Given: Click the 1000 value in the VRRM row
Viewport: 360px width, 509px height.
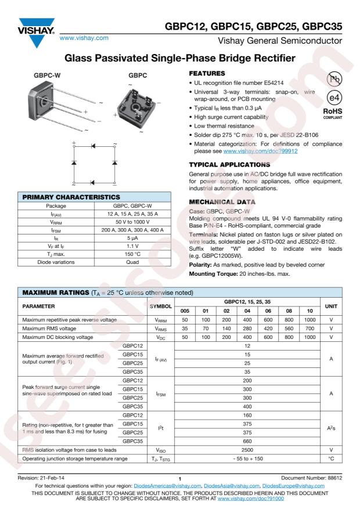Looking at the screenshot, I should (309, 320).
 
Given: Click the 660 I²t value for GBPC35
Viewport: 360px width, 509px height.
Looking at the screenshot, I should (247, 441).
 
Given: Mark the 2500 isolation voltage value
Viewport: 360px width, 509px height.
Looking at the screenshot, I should (247, 449).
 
